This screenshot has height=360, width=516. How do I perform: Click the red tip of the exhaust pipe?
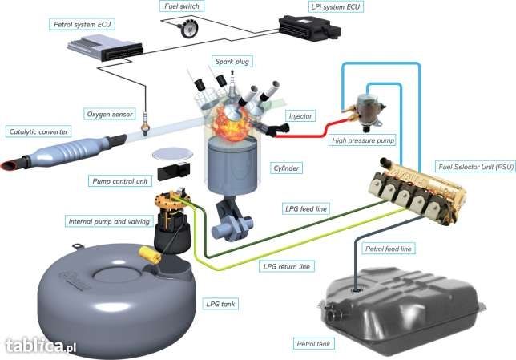[x=13, y=166]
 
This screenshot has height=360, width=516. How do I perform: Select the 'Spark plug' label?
[x=232, y=61]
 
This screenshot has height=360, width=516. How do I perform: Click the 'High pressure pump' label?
[x=363, y=140]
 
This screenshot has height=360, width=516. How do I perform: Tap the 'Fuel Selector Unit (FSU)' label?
[x=474, y=167]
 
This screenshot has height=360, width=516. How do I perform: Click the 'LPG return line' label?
[x=287, y=265]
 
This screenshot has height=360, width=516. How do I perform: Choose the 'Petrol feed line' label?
[x=388, y=249]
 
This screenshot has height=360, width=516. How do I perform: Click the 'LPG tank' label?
[x=221, y=304]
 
